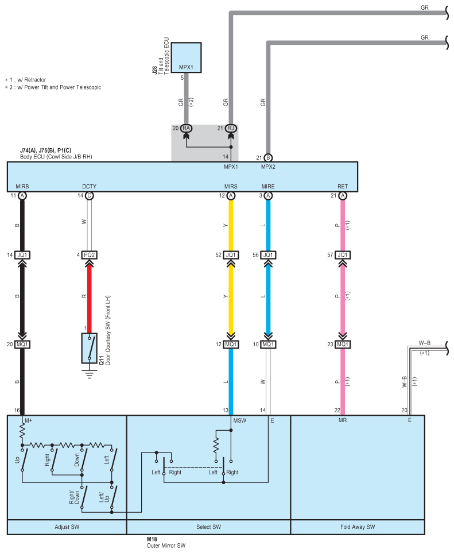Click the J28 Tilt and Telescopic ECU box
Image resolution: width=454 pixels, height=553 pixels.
coord(186,57)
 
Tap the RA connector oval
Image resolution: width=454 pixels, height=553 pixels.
coord(186,128)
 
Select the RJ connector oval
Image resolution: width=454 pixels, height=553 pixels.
coord(231,128)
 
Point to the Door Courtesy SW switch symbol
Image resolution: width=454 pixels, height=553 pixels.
coord(89,347)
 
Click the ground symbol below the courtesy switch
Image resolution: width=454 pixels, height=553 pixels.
coord(89,373)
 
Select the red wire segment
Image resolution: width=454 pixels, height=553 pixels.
coord(89,299)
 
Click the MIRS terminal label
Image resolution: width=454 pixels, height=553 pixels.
coord(231,187)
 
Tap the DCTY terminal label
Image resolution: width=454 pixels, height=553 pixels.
coord(89,187)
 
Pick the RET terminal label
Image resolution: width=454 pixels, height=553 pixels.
coord(343,187)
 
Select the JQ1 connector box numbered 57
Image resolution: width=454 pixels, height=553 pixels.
coord(343,255)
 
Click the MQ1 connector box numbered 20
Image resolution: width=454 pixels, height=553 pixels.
coord(22,345)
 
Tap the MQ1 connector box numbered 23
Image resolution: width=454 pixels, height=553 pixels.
coord(343,345)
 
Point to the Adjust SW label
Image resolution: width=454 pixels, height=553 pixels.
coord(66,527)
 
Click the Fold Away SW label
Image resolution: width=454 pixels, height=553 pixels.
coord(358,527)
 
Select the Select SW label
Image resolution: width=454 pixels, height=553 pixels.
coord(208,527)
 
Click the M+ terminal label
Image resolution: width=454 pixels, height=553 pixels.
coord(28,420)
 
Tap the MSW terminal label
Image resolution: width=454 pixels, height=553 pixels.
coord(240,420)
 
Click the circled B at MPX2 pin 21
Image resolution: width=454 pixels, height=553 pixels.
coord(268,158)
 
